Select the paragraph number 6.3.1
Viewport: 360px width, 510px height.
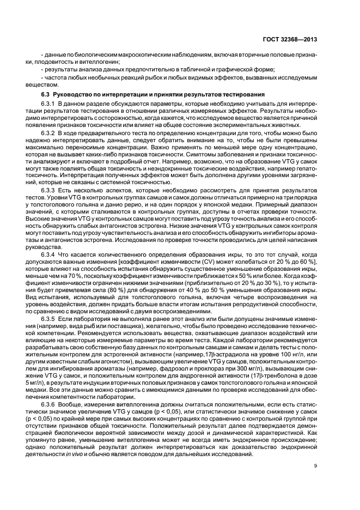tap(50, 103)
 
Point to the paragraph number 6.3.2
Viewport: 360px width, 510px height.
tap(50, 133)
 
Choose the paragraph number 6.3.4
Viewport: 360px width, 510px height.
tap(50, 254)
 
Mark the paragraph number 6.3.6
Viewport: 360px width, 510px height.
tap(50, 405)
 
